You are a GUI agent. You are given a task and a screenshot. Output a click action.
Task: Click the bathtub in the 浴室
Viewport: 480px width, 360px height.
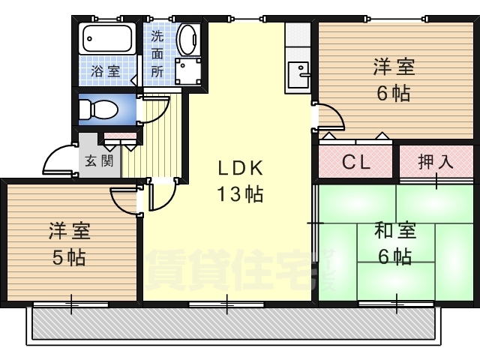point(107,38)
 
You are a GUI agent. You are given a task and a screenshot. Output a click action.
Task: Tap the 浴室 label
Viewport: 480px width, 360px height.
point(105,71)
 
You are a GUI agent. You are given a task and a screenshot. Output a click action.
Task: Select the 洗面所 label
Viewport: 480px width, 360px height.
point(157,54)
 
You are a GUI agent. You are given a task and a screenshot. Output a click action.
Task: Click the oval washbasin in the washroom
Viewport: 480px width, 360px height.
point(188,40)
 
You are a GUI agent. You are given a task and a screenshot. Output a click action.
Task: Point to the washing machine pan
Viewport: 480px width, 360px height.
point(187,71)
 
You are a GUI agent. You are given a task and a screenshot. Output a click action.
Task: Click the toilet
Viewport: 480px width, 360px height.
point(98,109)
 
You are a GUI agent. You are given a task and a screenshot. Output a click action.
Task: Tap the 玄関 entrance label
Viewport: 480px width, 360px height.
point(99,160)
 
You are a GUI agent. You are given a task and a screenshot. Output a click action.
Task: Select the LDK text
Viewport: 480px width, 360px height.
point(240,168)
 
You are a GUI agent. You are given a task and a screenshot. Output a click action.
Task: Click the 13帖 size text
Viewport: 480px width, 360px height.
point(240,194)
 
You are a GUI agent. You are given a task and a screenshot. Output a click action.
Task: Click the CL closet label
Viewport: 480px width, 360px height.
point(355,162)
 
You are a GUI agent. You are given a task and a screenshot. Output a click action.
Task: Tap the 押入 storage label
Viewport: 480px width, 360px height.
point(435,162)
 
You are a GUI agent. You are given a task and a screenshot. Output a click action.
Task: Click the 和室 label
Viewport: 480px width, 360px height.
point(395,230)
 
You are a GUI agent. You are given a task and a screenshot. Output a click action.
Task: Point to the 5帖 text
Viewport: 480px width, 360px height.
point(69,258)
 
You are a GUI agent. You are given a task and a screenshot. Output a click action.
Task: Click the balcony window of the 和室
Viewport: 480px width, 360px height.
point(396,304)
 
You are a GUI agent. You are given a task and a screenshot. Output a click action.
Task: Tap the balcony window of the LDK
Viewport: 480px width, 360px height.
point(226,304)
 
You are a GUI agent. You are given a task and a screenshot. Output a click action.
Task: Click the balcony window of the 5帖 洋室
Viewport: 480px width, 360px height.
point(70,304)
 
